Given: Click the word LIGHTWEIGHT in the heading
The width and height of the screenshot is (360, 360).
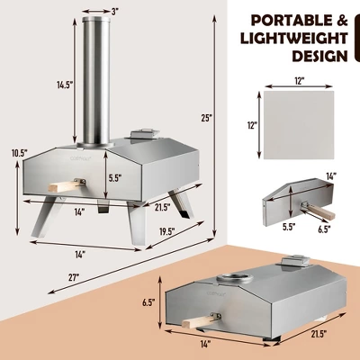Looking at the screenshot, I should click(288, 38).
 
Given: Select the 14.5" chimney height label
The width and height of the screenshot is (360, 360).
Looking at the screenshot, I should click(64, 85).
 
